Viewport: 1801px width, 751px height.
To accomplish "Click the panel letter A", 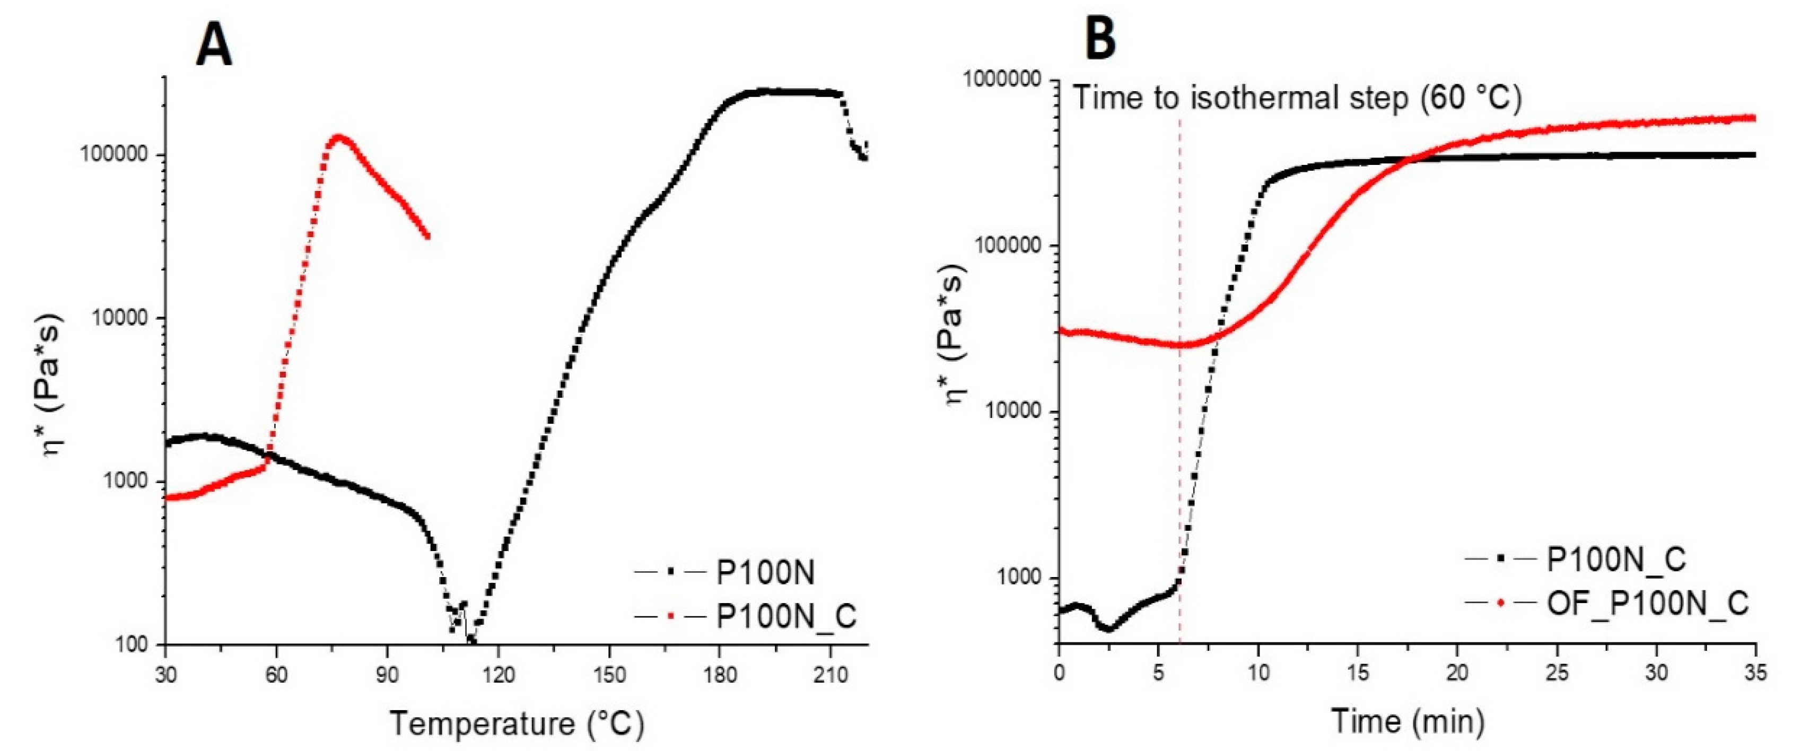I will point(213,43).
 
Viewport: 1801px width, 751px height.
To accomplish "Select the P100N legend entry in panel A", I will point(766,573).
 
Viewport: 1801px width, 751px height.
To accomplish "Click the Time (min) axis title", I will point(1406,721).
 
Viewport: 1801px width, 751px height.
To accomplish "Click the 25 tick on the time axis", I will point(1557,674).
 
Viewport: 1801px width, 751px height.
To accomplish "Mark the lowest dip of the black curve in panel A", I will point(472,639).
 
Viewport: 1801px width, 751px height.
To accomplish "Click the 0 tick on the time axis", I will point(1060,674).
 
